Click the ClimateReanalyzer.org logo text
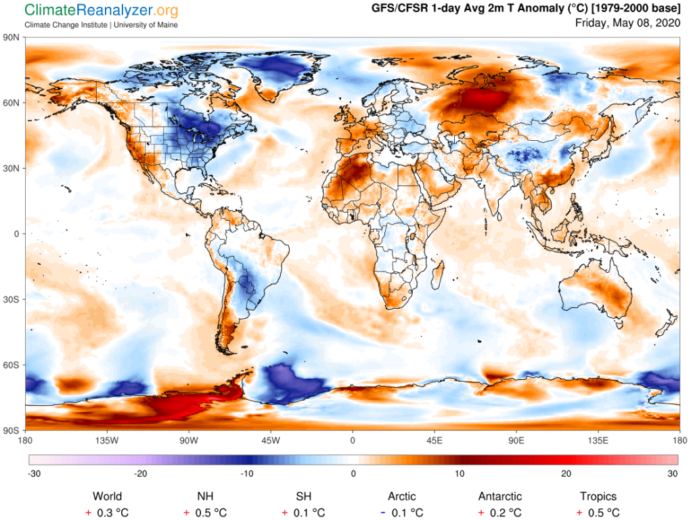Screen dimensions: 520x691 (102, 11)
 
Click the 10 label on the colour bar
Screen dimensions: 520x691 (460, 474)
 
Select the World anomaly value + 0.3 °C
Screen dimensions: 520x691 (107, 513)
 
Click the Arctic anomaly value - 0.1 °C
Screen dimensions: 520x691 (402, 513)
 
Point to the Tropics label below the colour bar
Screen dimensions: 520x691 (598, 496)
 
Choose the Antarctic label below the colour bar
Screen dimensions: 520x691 (499, 496)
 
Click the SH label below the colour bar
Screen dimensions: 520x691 (304, 496)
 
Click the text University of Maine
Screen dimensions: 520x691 (146, 25)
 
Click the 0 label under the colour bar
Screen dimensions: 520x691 (353, 474)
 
